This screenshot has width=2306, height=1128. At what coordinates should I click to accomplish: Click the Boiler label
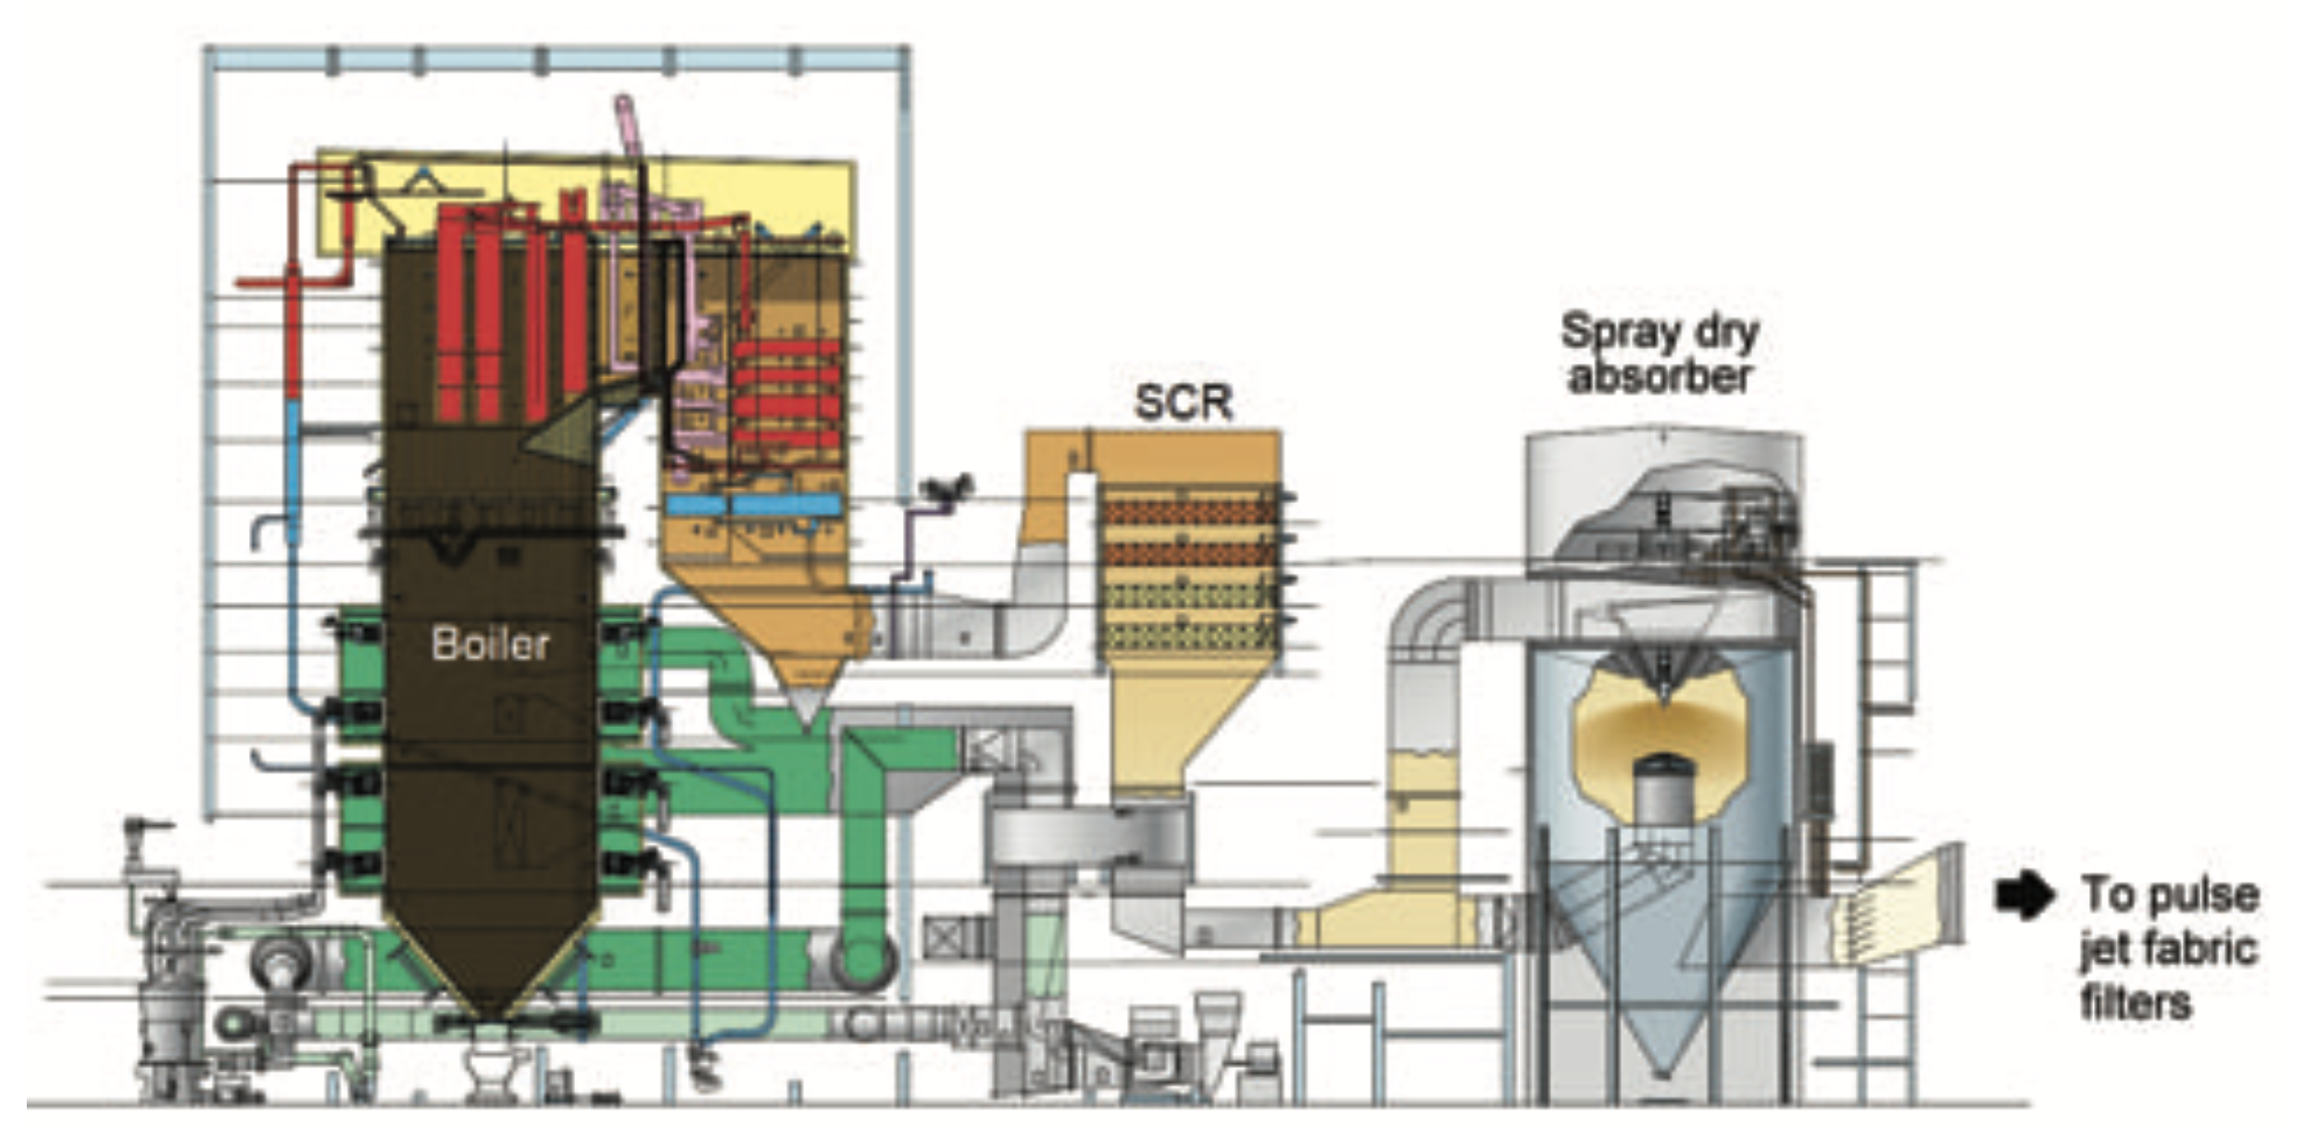(490, 644)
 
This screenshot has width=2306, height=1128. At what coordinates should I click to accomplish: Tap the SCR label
(1184, 402)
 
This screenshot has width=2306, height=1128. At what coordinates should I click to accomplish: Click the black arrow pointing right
(2024, 896)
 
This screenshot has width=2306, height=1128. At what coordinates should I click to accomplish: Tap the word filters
(2136, 1004)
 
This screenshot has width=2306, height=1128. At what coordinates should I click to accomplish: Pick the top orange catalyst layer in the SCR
(1190, 511)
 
